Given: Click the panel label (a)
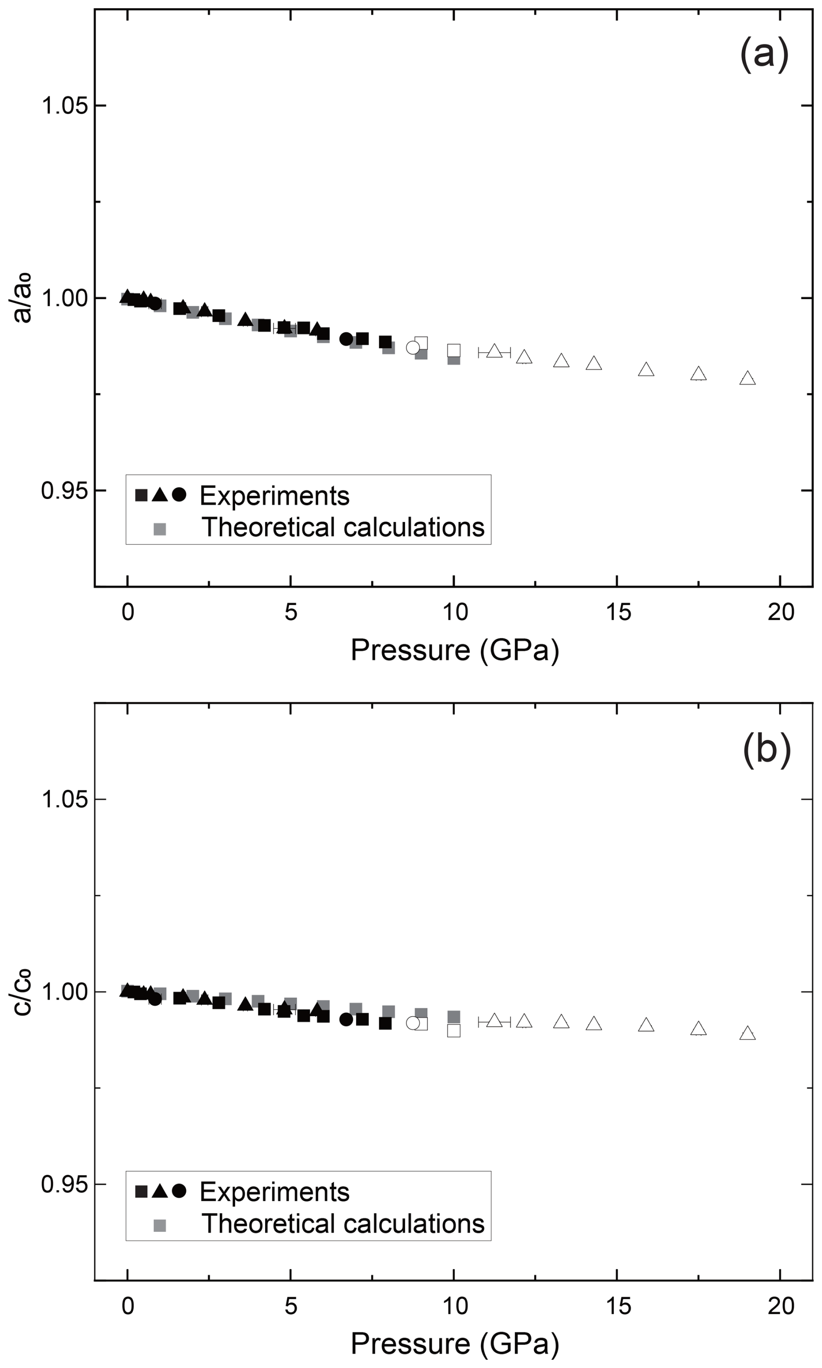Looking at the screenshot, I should click(764, 54).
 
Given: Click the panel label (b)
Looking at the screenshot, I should click(767, 750).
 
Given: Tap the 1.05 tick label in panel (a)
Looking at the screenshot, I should click(65, 105).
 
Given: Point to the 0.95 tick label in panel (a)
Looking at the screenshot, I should click(65, 490).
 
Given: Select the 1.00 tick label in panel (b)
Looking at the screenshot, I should click(65, 991).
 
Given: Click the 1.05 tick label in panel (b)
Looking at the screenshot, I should click(65, 800).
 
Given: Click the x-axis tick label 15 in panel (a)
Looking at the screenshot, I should click(618, 612).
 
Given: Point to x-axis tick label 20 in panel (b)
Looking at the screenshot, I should click(780, 1306).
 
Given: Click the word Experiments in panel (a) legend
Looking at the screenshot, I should click(274, 496).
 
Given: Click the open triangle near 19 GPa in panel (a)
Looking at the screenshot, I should click(748, 379).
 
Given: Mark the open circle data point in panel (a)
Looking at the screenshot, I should click(413, 348).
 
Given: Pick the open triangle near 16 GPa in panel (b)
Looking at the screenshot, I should click(646, 1025).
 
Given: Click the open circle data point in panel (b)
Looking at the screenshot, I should click(413, 1023).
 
